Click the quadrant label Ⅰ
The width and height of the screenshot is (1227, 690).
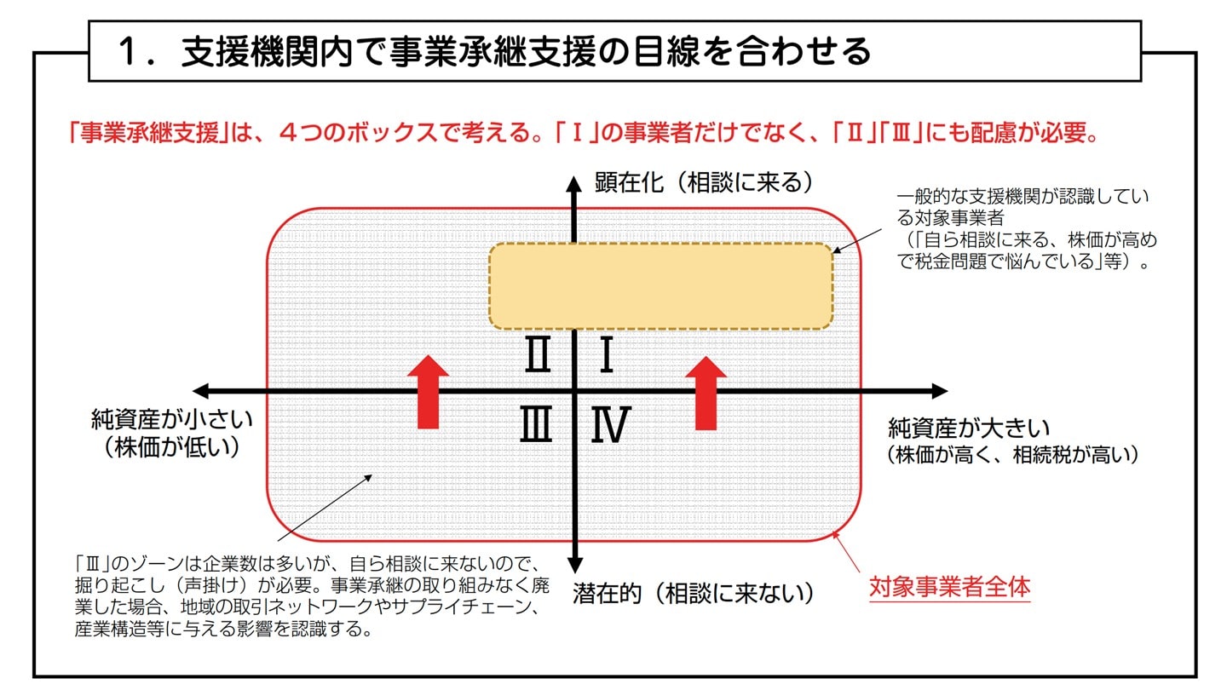tap(607, 356)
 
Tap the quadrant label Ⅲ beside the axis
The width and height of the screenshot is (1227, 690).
tap(536, 424)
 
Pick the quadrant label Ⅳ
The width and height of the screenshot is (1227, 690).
tap(610, 425)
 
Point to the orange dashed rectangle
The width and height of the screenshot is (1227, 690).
tap(660, 286)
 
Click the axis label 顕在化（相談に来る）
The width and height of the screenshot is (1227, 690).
tap(704, 182)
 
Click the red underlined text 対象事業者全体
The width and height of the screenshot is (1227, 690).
tap(949, 588)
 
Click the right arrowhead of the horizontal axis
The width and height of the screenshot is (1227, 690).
tap(939, 391)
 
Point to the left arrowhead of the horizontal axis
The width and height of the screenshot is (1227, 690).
tap(201, 391)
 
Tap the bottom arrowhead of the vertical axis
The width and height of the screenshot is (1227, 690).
tap(575, 565)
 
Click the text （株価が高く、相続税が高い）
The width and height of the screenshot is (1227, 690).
tap(1012, 455)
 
